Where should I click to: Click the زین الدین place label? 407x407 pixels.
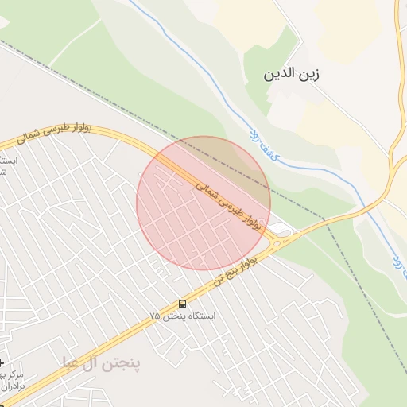pyautogui.click(x=292, y=75)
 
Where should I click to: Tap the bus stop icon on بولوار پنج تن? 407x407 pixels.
pyautogui.click(x=183, y=303)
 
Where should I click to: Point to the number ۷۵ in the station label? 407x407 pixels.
pyautogui.click(x=154, y=316)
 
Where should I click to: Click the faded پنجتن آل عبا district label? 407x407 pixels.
pyautogui.click(x=102, y=363)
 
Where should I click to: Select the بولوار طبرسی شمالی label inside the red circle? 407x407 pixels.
pyautogui.click(x=228, y=206)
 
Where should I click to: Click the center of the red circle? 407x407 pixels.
pyautogui.click(x=203, y=203)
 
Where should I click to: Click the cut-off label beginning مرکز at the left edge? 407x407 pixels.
pyautogui.click(x=13, y=374)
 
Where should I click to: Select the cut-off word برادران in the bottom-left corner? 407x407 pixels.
pyautogui.click(x=13, y=385)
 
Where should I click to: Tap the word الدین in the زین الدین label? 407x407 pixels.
pyautogui.click(x=281, y=75)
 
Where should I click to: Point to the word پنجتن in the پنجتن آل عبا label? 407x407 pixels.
pyautogui.click(x=122, y=363)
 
